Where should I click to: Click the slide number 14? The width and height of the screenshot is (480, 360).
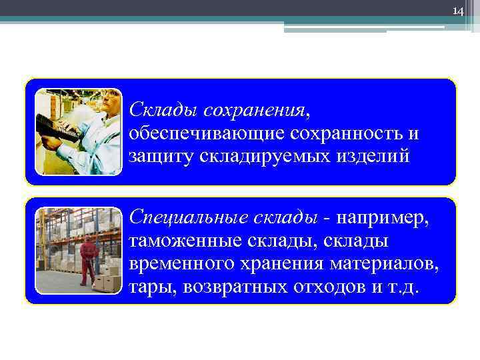[x=457, y=11]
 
